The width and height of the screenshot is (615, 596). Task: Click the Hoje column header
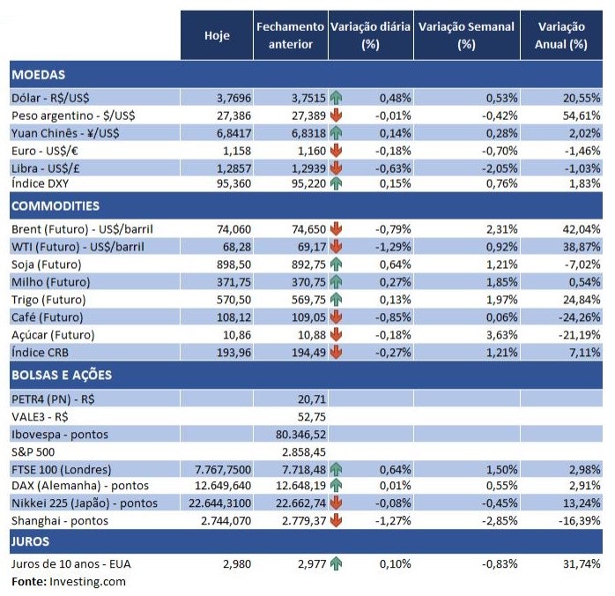(217, 35)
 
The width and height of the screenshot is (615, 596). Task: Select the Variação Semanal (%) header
(466, 35)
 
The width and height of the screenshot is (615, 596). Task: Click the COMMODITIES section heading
(56, 206)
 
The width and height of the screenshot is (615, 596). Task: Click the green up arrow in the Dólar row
(337, 98)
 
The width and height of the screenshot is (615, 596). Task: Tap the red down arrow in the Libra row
(337, 168)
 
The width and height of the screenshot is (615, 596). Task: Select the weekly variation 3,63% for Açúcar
(494, 335)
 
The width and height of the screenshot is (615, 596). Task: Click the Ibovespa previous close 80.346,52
(301, 434)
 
